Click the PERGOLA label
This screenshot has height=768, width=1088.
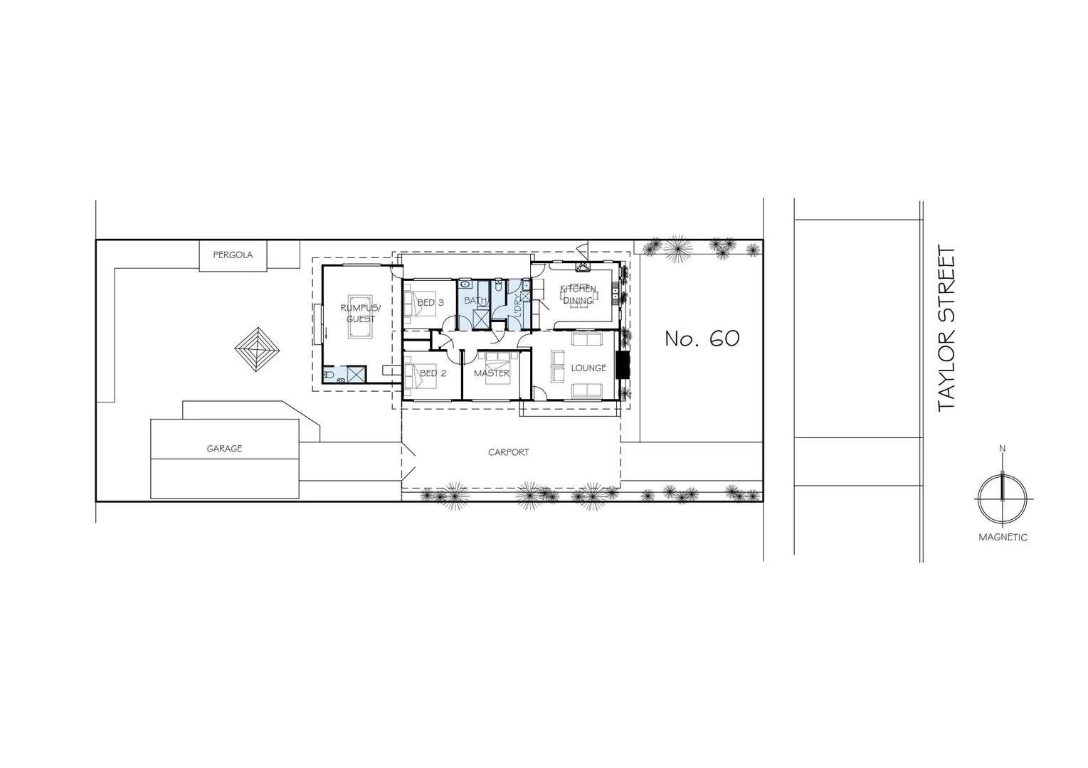click(x=233, y=255)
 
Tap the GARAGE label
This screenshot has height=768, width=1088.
click(x=224, y=449)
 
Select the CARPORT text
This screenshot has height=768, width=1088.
click(x=508, y=452)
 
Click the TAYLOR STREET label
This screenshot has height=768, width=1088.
click(x=946, y=329)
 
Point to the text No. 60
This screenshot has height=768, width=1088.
click(x=702, y=338)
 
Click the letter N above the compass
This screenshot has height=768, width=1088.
click(x=1003, y=449)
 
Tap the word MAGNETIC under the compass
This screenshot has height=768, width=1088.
click(x=1003, y=538)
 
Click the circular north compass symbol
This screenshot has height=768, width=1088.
click(x=1002, y=498)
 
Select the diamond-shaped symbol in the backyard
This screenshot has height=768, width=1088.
click(x=258, y=349)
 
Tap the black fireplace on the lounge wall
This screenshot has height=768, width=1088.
click(x=623, y=366)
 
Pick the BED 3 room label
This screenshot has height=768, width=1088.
click(x=431, y=302)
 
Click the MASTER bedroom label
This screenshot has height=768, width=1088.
click(x=492, y=373)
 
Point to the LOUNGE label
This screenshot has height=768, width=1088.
click(x=588, y=368)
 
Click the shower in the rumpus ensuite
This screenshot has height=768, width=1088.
click(x=356, y=375)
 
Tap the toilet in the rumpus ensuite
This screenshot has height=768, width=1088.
click(x=329, y=375)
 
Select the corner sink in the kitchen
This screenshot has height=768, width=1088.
click(x=583, y=268)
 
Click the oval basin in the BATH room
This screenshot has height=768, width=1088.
click(x=465, y=284)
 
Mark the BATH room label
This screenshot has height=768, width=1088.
click(x=475, y=301)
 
